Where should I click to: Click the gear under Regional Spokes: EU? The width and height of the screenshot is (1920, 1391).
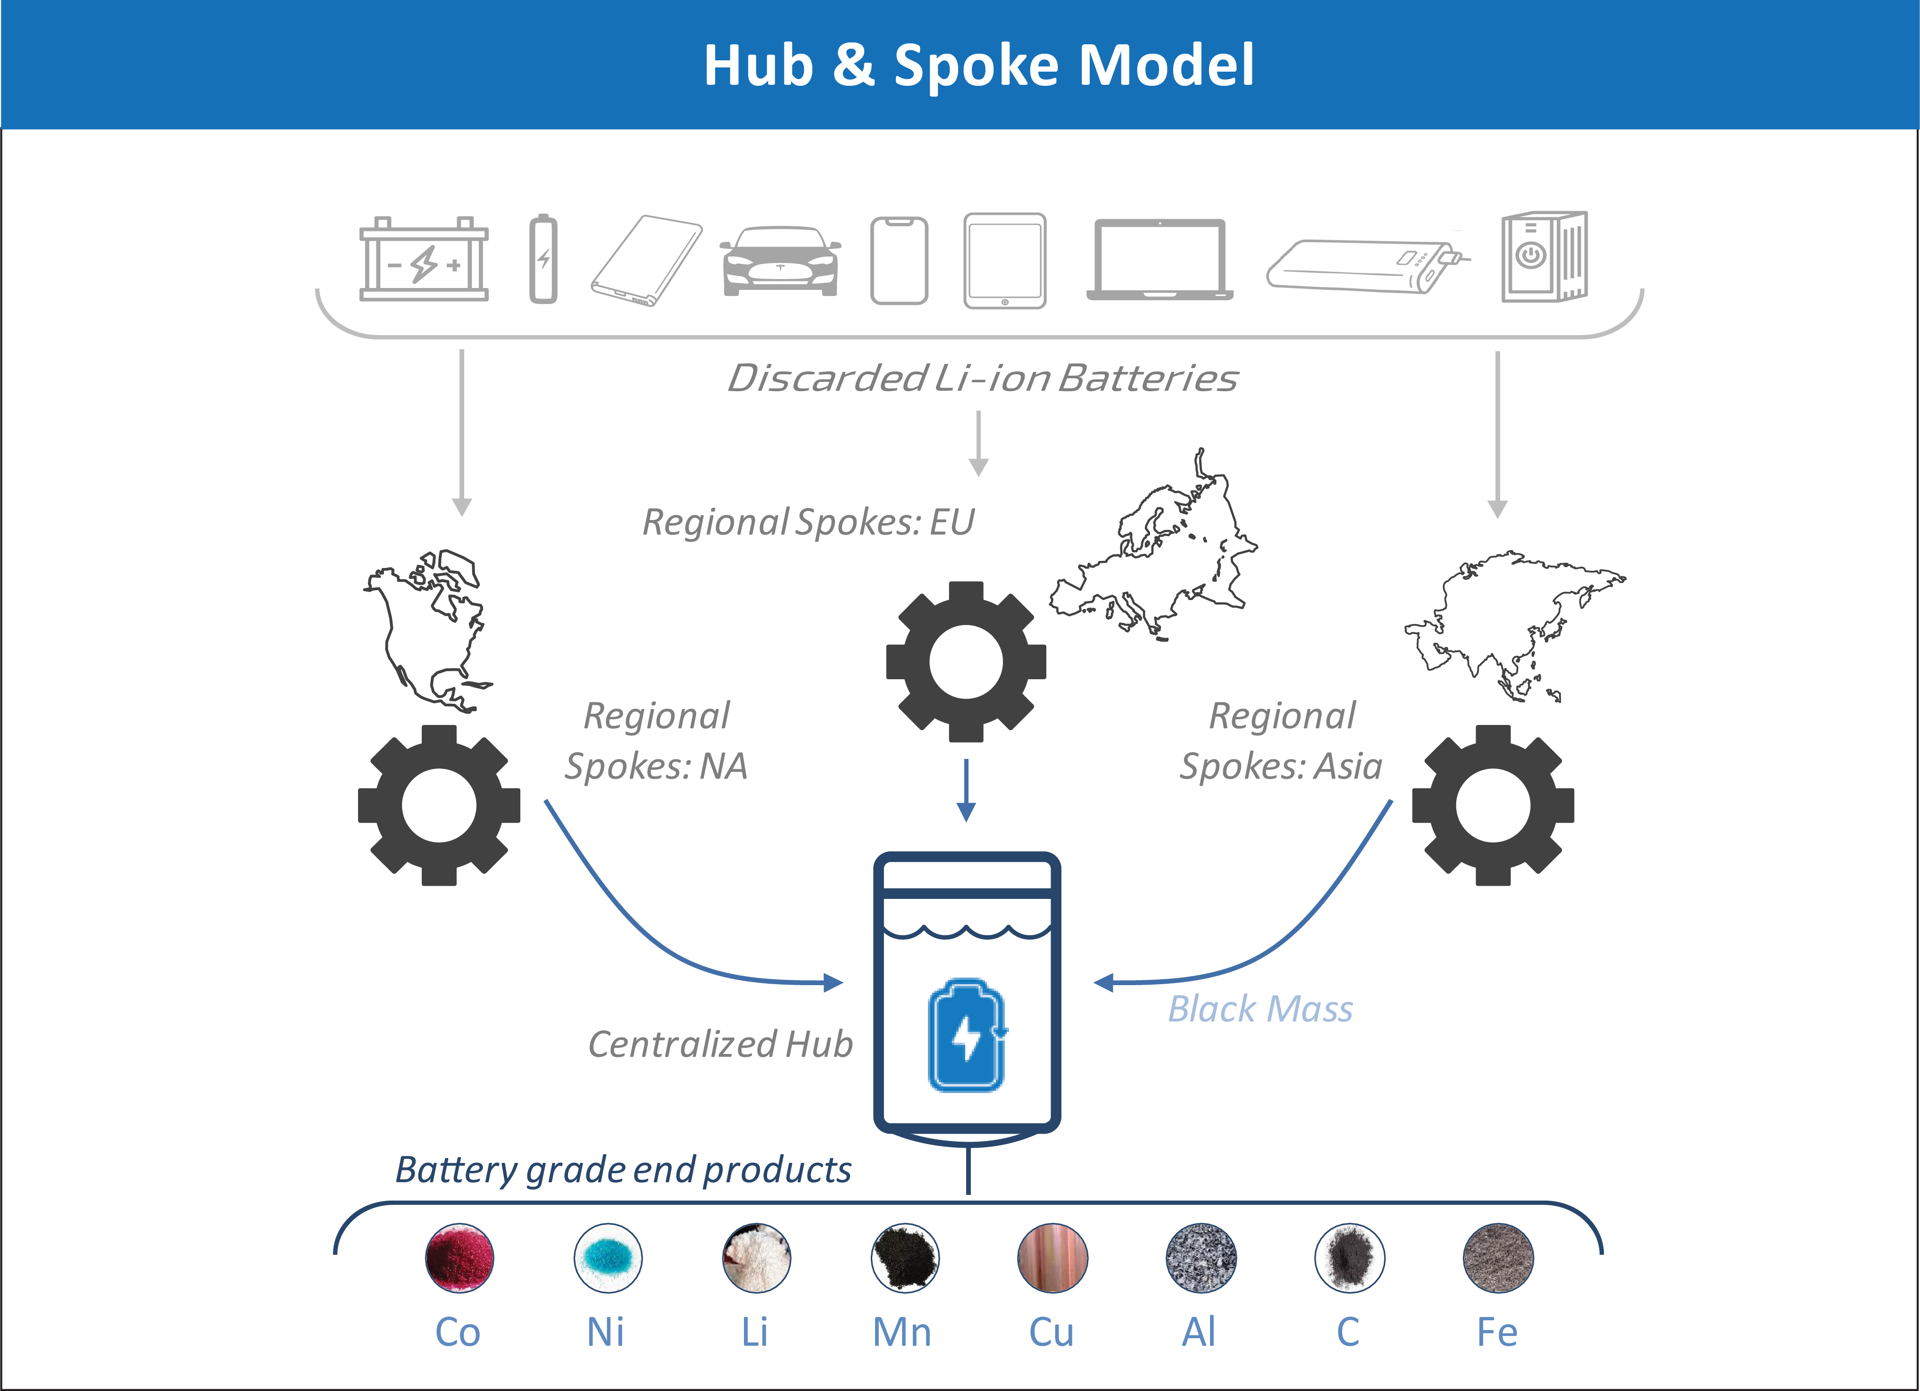point(966,662)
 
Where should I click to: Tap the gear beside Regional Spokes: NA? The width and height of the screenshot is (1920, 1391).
point(439,806)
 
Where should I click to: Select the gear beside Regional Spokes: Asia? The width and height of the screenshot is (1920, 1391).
point(1494,806)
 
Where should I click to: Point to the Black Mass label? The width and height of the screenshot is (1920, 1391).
point(1261,1009)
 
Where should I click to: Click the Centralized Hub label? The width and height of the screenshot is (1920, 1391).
point(720,1044)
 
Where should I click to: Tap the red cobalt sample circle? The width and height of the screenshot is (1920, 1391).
point(459,1257)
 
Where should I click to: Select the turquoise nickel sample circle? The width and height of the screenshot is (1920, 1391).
point(608,1257)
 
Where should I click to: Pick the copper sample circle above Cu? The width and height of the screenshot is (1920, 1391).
point(1052,1257)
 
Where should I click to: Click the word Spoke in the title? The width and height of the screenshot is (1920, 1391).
point(976,66)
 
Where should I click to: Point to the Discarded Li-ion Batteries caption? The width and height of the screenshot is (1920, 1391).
point(983,378)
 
